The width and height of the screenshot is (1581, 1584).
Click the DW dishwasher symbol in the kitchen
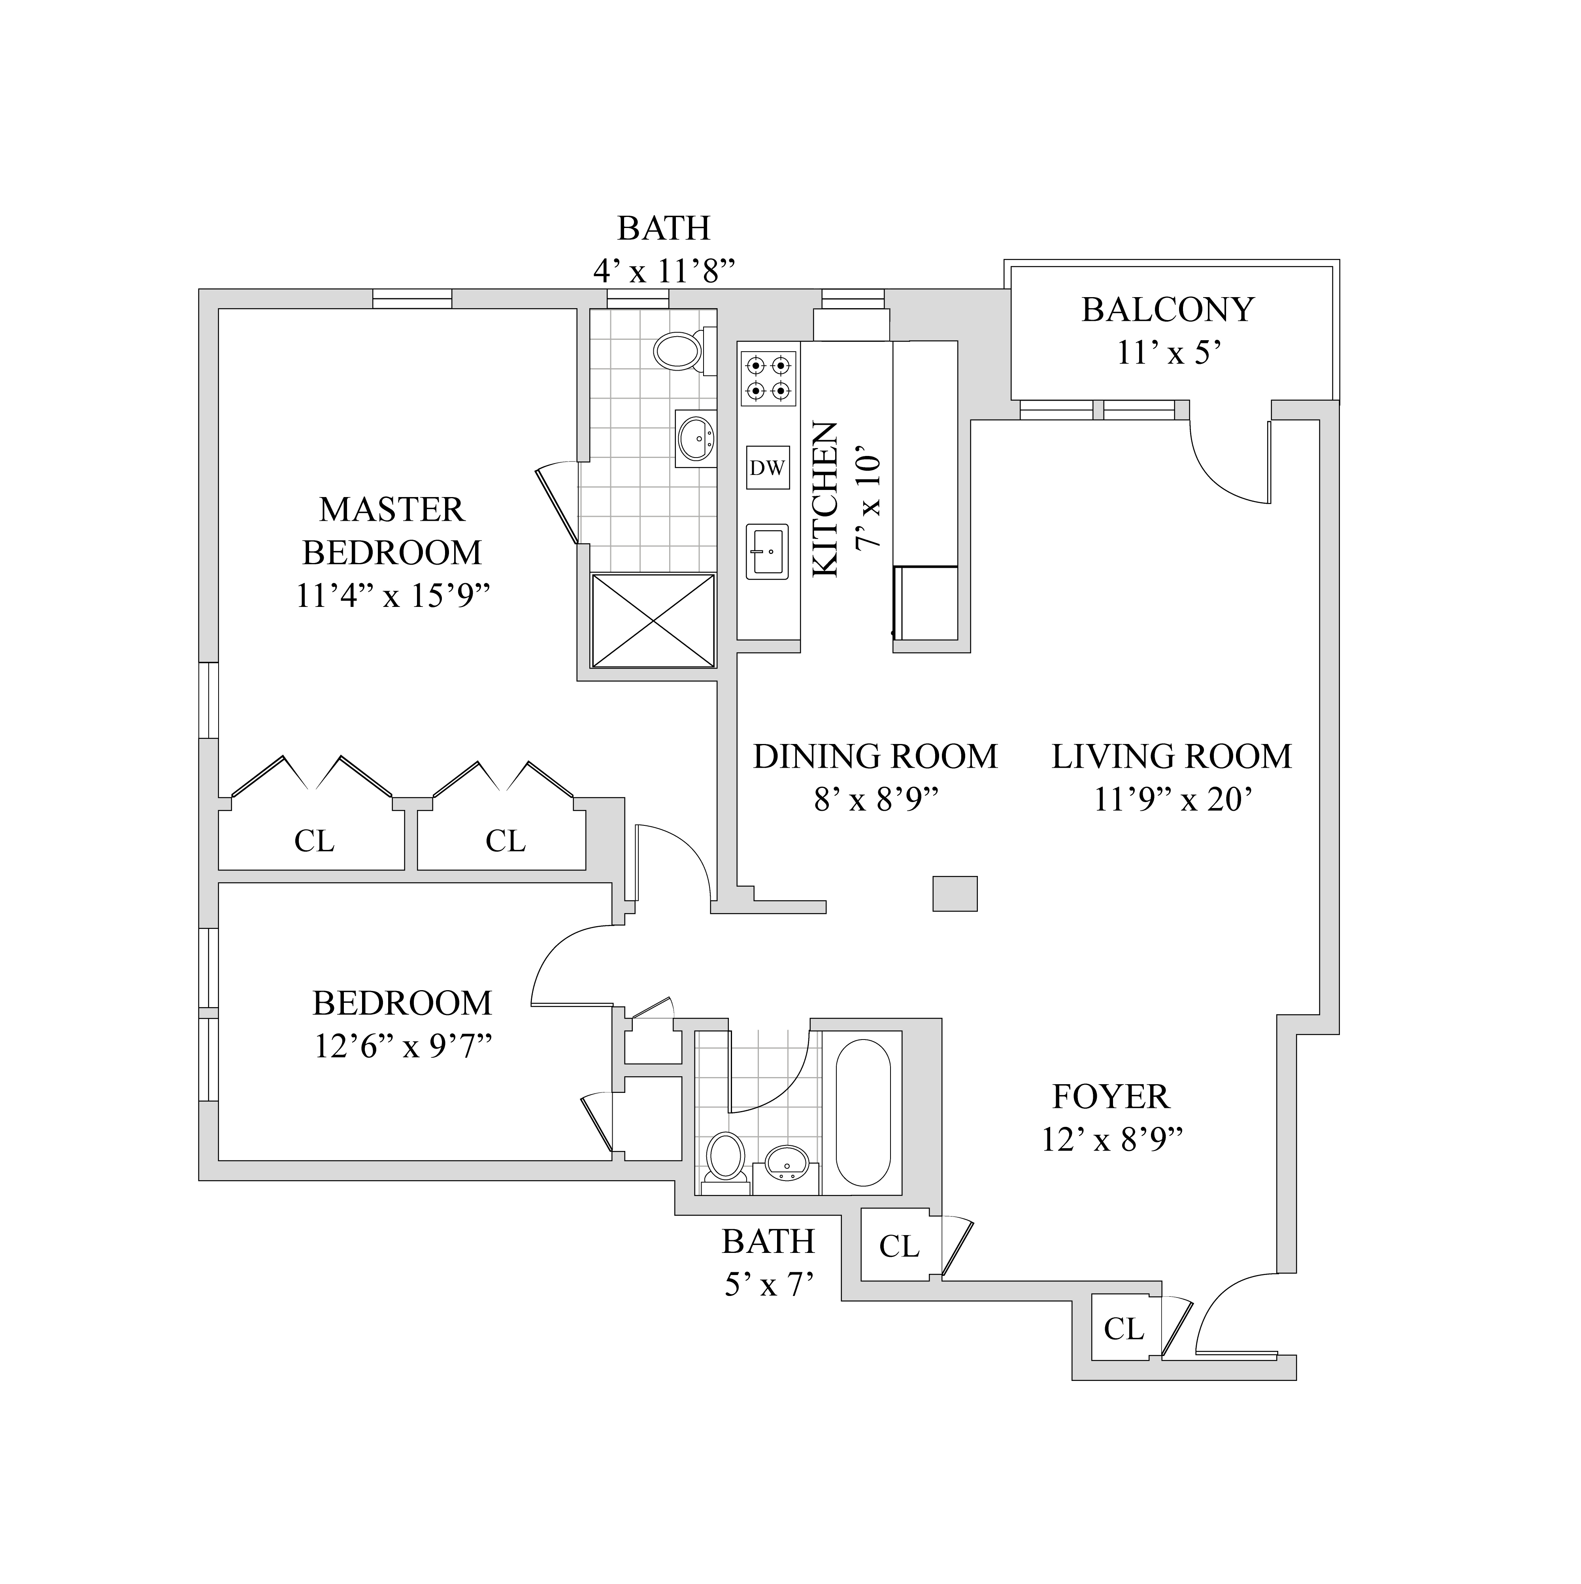[x=768, y=467]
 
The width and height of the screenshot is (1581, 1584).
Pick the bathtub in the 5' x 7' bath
[x=863, y=1113]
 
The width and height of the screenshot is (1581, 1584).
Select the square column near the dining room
[x=955, y=894]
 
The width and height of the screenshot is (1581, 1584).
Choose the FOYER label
[x=1111, y=1096]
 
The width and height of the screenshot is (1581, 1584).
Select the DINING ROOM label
[x=875, y=756]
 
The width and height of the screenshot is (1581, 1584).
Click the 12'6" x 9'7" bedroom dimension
[x=403, y=1046]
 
